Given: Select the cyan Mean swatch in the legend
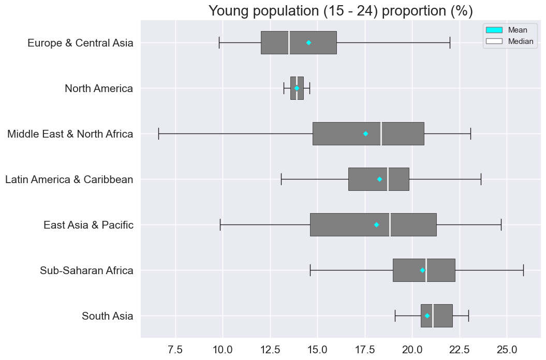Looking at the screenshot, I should tap(494, 30).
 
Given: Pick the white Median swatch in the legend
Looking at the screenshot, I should tap(494, 41).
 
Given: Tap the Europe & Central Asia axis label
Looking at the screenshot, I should tap(80, 43).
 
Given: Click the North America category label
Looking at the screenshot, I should tap(98, 88).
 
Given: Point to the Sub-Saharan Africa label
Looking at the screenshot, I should tap(86, 271).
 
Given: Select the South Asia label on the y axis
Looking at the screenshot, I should tap(107, 316).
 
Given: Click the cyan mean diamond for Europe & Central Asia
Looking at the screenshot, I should tap(308, 42).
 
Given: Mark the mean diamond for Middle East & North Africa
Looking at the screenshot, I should tap(365, 133).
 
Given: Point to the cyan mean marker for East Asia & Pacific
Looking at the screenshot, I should tap(376, 224).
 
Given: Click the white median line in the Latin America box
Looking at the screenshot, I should tap(388, 179).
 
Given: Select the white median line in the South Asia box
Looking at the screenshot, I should tap(433, 316).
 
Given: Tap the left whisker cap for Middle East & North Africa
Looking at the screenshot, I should tap(158, 133).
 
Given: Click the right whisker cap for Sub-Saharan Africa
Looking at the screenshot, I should tap(523, 270).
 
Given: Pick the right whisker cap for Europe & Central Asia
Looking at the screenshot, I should tap(450, 42).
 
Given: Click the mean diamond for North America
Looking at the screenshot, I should tap(297, 88).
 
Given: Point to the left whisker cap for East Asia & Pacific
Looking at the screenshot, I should tap(220, 224).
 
